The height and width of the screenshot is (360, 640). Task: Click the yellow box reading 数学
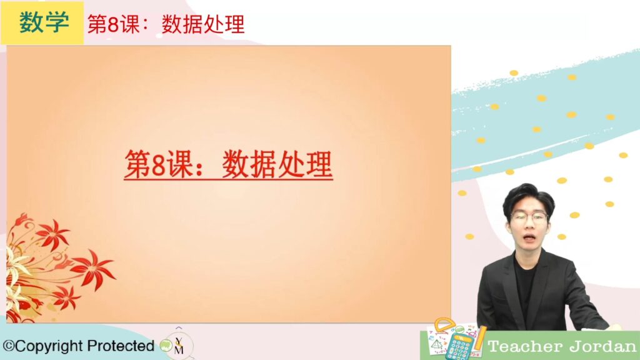point(42,23)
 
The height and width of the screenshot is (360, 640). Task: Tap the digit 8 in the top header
point(113,24)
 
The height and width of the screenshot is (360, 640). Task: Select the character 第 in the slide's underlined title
point(137,164)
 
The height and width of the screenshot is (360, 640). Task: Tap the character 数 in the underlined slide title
point(236,164)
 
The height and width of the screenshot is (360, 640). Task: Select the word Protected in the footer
point(121,346)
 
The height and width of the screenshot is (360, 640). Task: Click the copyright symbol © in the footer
point(9,346)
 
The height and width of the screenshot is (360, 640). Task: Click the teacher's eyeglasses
point(529,217)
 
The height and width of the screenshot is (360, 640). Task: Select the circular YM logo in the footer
point(178,345)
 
